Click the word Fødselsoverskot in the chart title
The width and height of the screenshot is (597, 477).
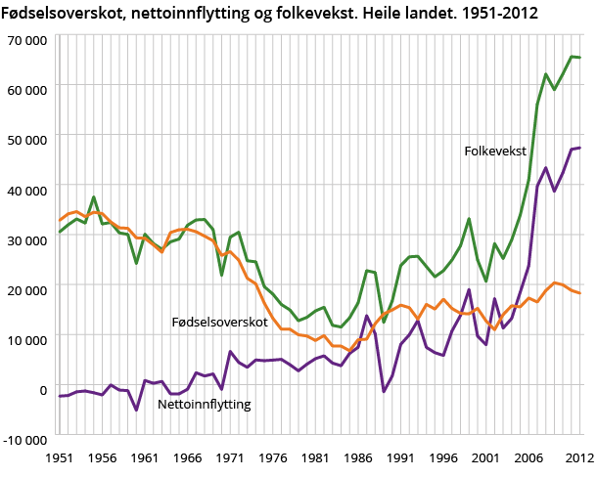pos(60,13)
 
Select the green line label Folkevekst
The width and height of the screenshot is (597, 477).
pos(495,152)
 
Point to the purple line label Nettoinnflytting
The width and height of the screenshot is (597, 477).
pos(205,404)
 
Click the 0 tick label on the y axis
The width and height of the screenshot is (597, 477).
pos(43,388)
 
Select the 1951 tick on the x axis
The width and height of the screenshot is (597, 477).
pos(60,456)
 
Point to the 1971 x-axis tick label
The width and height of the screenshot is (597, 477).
pos(230,456)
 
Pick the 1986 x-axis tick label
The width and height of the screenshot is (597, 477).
pos(358,456)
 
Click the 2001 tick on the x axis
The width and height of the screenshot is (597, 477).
pos(486,456)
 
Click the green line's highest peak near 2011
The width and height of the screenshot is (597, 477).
pos(572,57)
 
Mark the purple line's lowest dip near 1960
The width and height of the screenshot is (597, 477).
pos(136,410)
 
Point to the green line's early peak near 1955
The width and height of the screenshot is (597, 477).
pos(94,197)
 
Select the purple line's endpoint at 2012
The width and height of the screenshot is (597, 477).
pos(580,148)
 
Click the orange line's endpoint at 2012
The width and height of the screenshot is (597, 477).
pos(580,293)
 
